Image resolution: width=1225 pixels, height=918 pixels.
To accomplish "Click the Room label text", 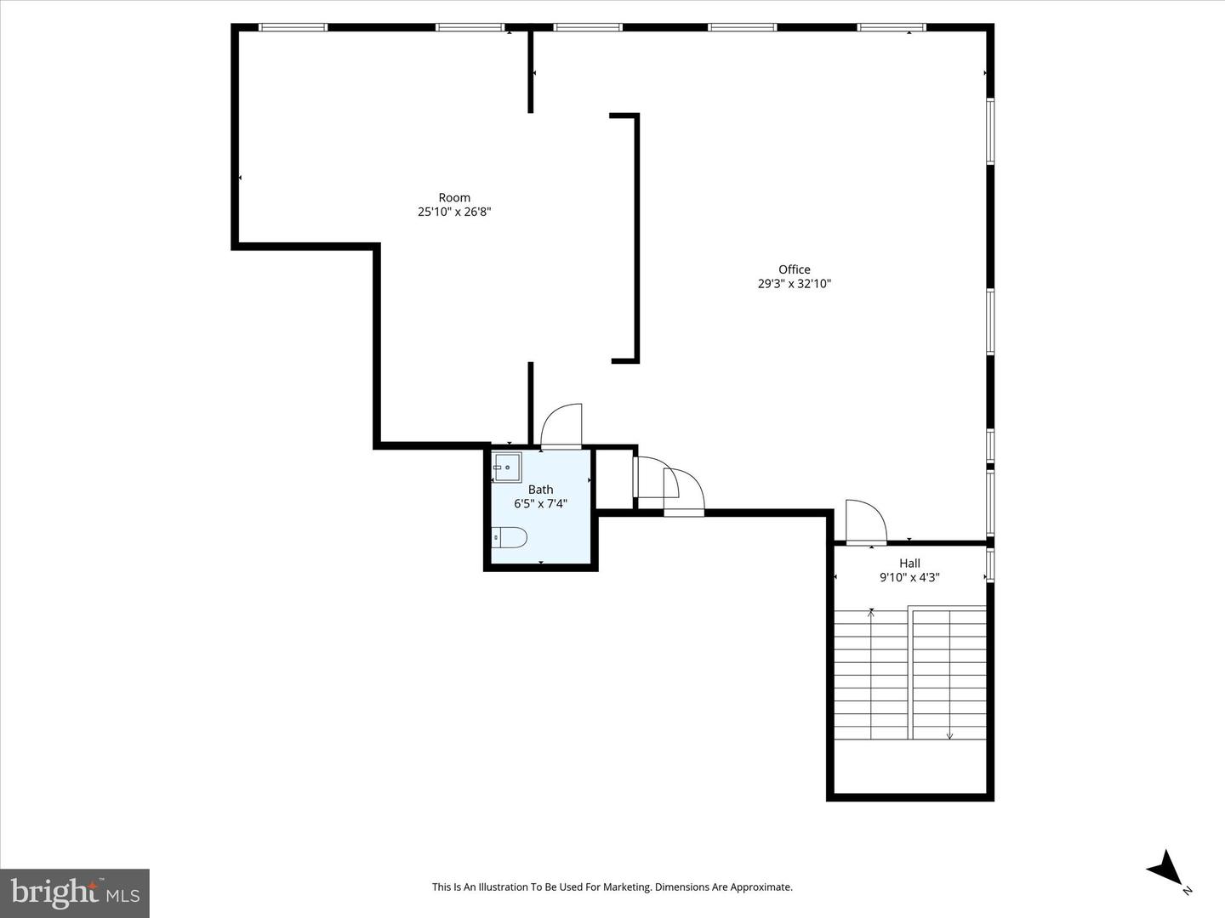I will [x=454, y=197].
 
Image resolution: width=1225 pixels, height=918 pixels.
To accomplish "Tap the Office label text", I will [x=794, y=269].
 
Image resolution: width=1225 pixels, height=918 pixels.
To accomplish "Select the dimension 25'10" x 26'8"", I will [x=454, y=212].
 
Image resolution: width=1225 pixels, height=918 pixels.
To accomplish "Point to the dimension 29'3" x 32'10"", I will [x=794, y=284].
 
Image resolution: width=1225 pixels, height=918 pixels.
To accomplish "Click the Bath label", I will [x=540, y=489].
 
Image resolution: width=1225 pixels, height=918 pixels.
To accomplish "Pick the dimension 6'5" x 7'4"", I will [x=540, y=503].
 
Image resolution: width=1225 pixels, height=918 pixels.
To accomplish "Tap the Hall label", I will [x=909, y=563].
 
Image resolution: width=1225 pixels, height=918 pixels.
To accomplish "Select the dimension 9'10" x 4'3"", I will [x=909, y=577].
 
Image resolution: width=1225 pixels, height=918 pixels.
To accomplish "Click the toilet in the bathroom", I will [x=510, y=537].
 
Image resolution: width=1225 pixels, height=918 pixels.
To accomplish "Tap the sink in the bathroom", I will [x=507, y=467].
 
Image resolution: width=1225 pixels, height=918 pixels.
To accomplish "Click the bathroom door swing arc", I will [x=562, y=424].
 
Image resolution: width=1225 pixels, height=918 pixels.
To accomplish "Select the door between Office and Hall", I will [x=866, y=521].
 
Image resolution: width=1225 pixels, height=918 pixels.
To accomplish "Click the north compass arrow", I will [x=1165, y=869].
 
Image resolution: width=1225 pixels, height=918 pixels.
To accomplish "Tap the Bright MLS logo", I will [x=75, y=892].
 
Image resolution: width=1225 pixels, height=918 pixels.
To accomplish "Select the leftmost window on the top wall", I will [x=293, y=27].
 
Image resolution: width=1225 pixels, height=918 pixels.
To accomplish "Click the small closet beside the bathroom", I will [x=614, y=479].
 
